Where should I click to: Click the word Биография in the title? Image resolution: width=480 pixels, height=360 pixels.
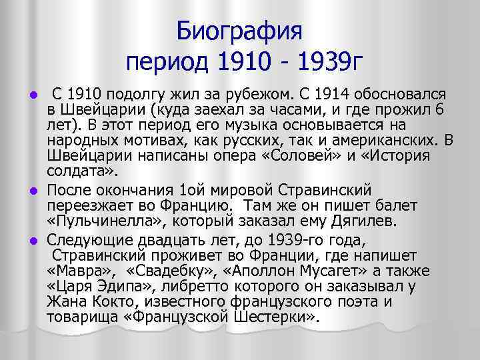click(x=240, y=31)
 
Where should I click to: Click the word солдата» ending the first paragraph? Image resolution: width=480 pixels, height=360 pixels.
click(x=75, y=171)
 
